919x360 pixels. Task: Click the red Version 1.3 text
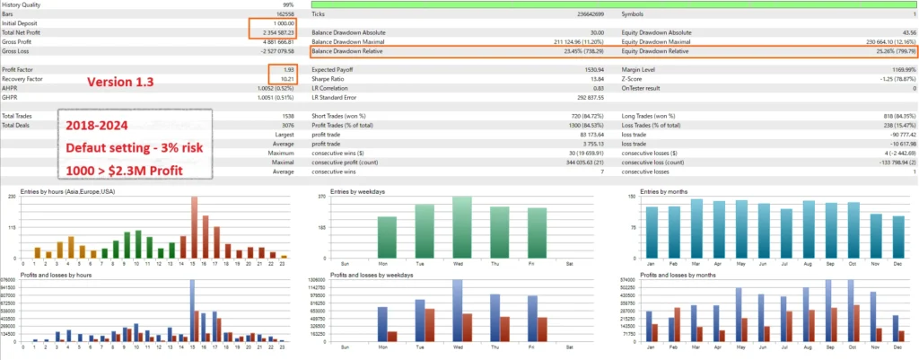click(120, 82)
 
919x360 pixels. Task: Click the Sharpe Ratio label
click(328, 79)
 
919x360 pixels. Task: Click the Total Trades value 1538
click(289, 116)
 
